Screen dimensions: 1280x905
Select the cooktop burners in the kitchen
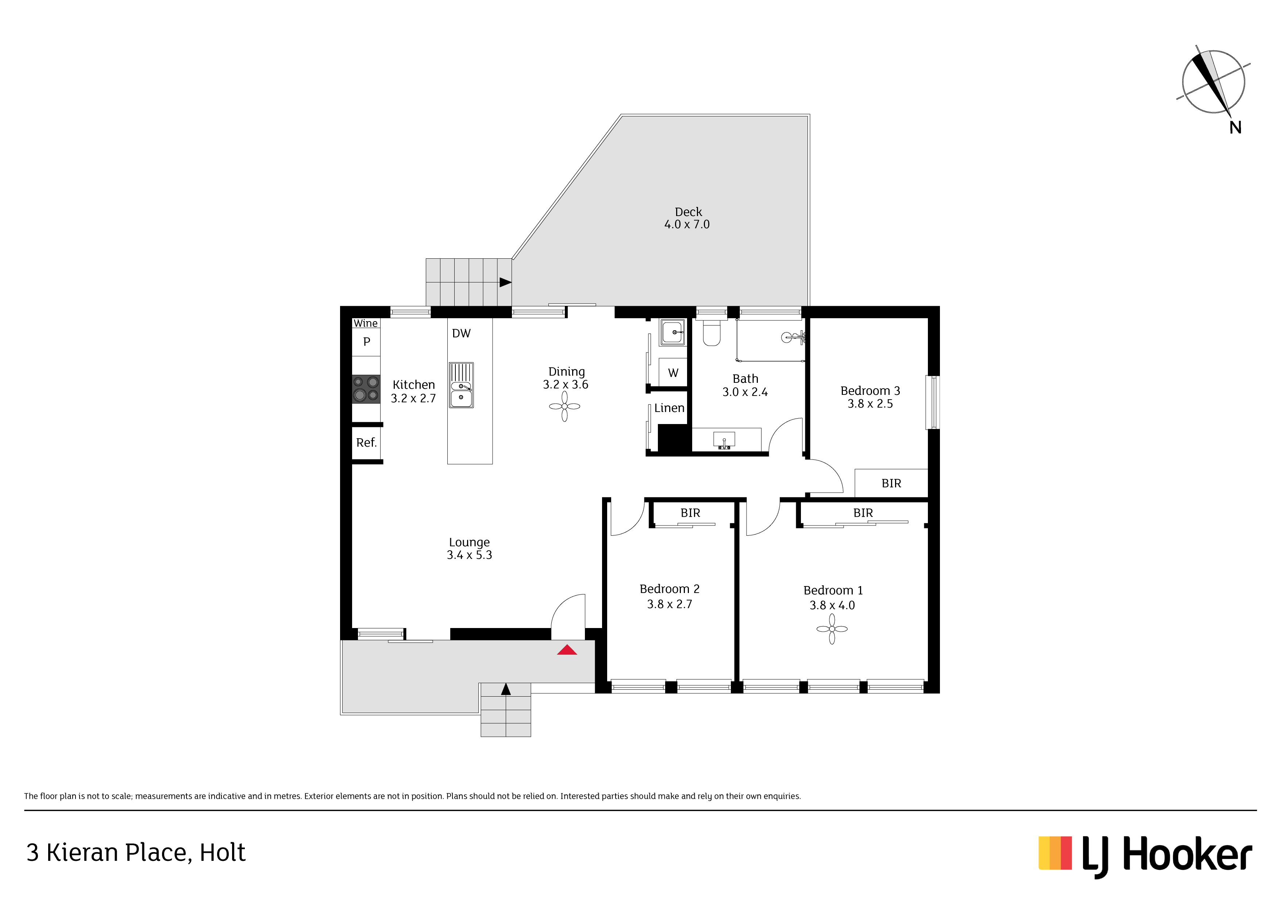(x=366, y=389)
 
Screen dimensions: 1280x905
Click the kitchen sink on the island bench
(x=461, y=385)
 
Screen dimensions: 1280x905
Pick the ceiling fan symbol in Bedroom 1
(x=832, y=629)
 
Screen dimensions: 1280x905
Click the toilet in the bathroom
(x=712, y=333)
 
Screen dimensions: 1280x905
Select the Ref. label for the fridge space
(x=366, y=443)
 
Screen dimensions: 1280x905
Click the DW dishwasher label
(x=461, y=334)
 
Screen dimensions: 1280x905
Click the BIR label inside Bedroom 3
(x=891, y=484)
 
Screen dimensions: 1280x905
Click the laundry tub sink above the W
(x=673, y=332)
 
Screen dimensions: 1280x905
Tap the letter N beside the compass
(x=1235, y=128)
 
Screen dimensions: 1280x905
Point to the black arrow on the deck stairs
(x=505, y=282)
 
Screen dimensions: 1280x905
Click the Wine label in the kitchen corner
(x=365, y=323)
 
